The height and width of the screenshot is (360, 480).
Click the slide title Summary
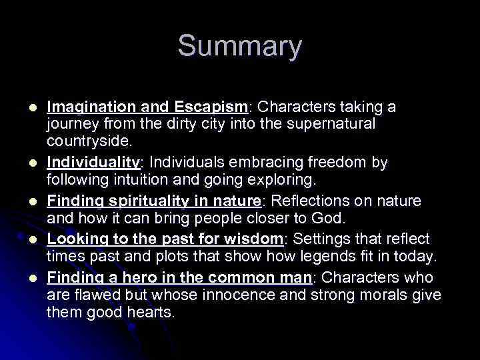click(x=239, y=47)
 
